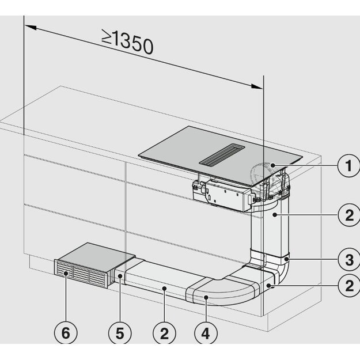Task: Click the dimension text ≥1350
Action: [x=128, y=41]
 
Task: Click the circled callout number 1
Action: [x=347, y=168]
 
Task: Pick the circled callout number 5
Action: [x=119, y=332]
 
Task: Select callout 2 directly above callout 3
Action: [x=347, y=215]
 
